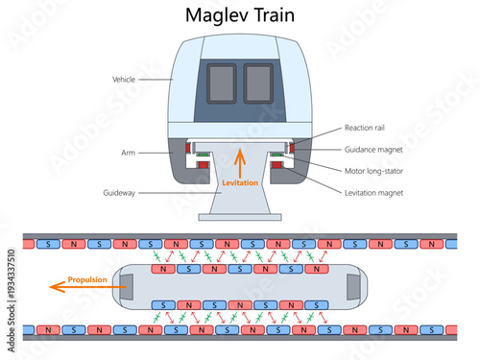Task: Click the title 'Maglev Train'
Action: click(x=240, y=17)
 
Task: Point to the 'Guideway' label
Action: click(x=122, y=193)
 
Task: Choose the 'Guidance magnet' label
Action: click(x=374, y=151)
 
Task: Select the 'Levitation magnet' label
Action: click(x=375, y=193)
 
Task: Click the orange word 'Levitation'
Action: click(x=240, y=182)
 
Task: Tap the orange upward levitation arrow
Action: click(x=241, y=159)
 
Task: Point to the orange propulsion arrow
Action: click(x=58, y=285)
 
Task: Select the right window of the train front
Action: click(x=258, y=83)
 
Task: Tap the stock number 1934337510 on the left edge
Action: click(x=11, y=289)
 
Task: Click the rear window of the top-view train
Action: click(x=353, y=285)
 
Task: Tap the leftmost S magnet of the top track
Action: click(x=50, y=244)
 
